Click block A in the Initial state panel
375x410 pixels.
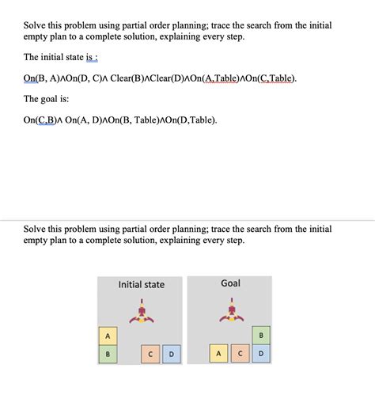(x=108, y=336)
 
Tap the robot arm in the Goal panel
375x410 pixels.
(x=230, y=312)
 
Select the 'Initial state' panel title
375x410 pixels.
(x=142, y=284)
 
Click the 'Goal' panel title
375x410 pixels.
(x=230, y=283)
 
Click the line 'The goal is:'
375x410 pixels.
(x=50, y=99)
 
